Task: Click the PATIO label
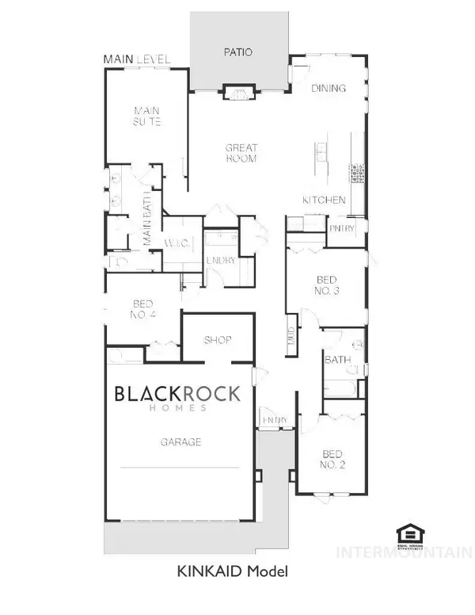(237, 53)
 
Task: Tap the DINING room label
(329, 88)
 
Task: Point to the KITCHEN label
(325, 200)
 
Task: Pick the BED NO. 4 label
(142, 310)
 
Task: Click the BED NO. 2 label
(332, 460)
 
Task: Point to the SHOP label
(218, 340)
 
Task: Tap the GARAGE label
(179, 442)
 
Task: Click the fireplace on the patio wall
(238, 93)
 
